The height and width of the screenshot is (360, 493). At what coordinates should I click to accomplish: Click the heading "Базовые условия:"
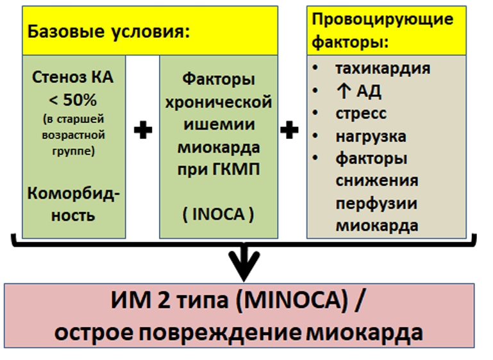[109, 32]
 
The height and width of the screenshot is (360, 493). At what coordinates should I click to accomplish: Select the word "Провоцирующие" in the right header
[383, 20]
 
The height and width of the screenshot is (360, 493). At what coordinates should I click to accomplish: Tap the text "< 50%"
[73, 100]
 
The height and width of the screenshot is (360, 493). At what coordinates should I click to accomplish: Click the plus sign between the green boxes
[143, 130]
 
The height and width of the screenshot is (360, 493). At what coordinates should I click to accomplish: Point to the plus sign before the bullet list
[289, 130]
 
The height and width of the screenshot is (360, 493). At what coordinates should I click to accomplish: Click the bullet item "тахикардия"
[383, 69]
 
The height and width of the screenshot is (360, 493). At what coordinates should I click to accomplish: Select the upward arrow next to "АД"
[344, 92]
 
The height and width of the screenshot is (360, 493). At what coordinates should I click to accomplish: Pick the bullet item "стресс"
[362, 113]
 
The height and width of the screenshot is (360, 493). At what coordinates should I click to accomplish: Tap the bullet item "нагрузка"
[371, 136]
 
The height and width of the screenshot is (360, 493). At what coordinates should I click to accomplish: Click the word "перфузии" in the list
[376, 204]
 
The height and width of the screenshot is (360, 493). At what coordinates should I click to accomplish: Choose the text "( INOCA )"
[218, 215]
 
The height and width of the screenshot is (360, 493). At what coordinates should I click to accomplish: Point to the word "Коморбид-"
[74, 194]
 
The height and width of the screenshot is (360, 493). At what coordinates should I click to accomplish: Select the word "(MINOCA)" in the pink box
[292, 300]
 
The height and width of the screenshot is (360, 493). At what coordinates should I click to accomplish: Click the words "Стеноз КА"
[72, 78]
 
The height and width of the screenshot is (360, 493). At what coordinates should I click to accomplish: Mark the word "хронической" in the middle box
[219, 102]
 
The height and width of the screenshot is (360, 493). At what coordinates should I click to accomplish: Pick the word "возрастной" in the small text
[73, 136]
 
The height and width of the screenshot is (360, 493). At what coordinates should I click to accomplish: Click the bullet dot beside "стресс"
[315, 113]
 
